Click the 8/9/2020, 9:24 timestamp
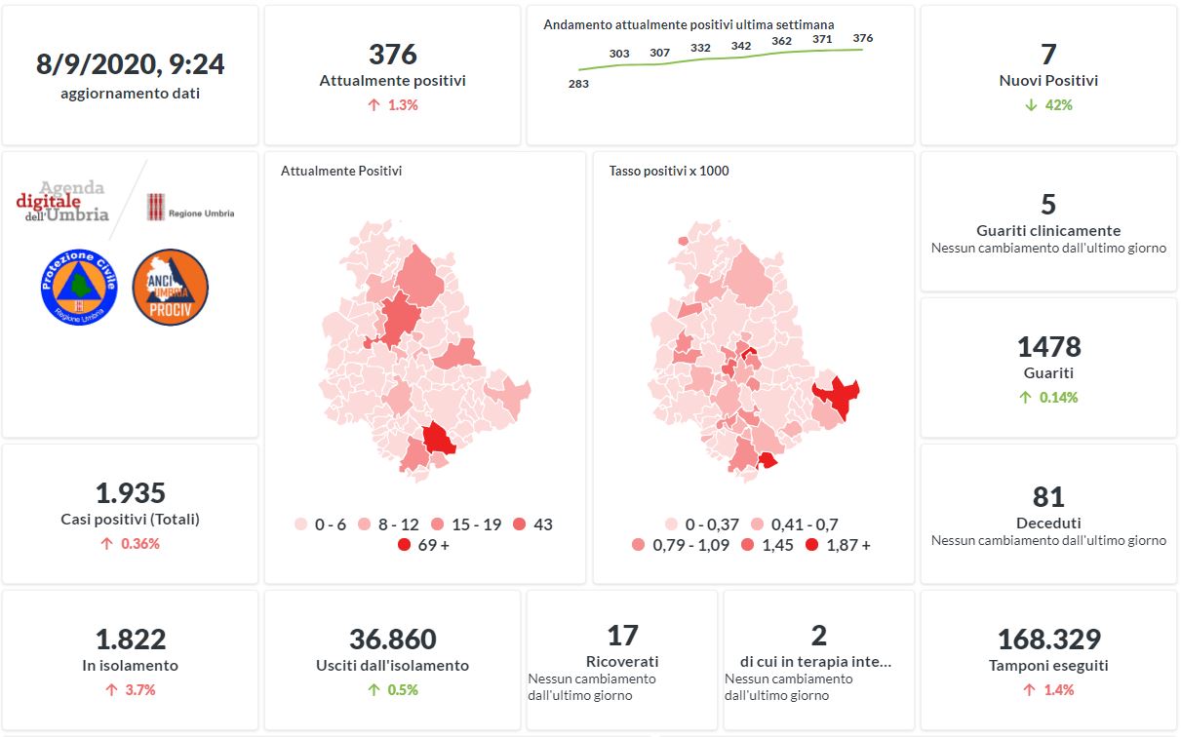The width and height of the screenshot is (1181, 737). (130, 64)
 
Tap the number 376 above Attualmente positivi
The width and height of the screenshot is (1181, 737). (392, 55)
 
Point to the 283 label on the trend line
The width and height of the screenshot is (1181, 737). (578, 84)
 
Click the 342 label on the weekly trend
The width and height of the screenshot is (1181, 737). (741, 46)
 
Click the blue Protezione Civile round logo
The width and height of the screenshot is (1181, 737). (79, 287)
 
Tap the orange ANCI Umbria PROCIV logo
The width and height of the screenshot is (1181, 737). (170, 287)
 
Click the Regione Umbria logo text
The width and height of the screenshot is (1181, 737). (201, 213)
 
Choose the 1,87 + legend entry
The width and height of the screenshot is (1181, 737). (838, 545)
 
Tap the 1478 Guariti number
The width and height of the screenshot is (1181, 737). (1048, 347)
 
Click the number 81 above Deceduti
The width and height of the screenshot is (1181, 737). (1048, 497)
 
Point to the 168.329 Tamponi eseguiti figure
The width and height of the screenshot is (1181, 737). (1048, 640)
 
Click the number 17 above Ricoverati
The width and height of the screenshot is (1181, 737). (622, 636)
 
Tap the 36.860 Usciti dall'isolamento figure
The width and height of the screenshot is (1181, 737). (392, 640)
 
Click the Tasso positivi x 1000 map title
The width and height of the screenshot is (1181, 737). (669, 171)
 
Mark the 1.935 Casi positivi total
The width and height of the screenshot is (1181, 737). (130, 493)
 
